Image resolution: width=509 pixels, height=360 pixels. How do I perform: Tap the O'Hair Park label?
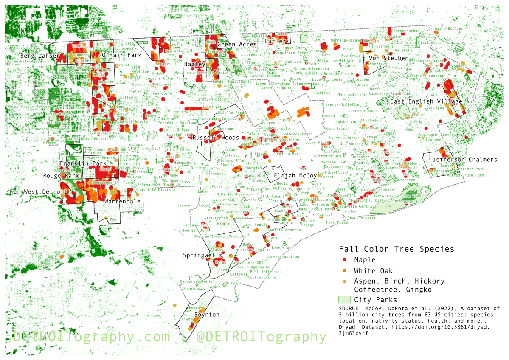coord(121,56)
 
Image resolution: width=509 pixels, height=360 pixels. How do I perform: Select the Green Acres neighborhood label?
coord(237,45)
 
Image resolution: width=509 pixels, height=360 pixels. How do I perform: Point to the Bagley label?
coord(195,65)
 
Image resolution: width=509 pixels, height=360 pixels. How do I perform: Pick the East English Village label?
coord(426,102)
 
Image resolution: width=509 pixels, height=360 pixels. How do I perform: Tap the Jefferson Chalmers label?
coord(465,160)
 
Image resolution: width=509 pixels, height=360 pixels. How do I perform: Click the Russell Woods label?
coord(216,138)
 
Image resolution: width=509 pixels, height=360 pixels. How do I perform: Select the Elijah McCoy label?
coord(295,176)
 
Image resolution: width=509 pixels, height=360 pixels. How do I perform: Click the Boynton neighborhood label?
coord(207,315)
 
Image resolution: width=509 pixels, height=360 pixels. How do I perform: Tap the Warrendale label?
coord(122,202)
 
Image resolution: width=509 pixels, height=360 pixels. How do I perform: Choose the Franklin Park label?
coord(83,164)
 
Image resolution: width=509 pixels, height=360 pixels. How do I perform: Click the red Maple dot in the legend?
coord(345,259)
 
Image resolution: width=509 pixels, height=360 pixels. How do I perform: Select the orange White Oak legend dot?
coord(345,270)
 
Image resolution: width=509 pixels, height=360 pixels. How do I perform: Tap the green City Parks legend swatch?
coord(345,300)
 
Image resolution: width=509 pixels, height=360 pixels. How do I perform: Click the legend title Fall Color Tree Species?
coord(396,249)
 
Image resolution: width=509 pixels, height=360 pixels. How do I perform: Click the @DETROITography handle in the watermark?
coord(261,337)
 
